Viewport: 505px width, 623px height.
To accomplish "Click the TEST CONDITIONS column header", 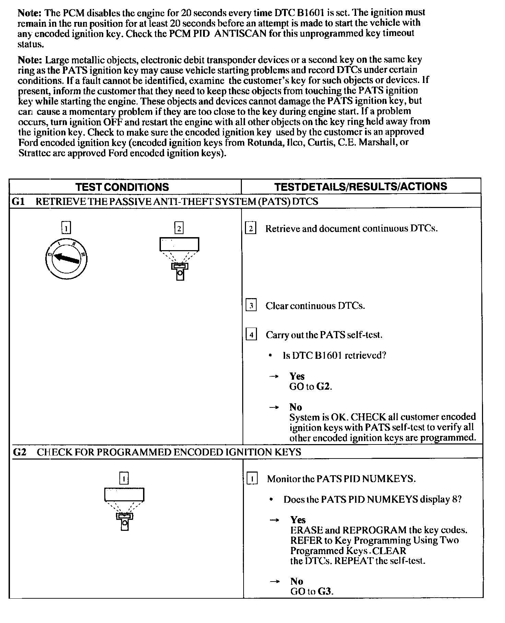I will [122, 187].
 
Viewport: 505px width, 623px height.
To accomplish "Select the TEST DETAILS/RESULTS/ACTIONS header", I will [361, 186].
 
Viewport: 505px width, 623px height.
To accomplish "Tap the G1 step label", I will [17, 201].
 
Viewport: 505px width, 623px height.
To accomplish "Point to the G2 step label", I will [19, 452].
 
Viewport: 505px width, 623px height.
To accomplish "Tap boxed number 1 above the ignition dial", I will [66, 228].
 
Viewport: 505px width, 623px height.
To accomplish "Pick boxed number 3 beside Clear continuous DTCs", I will [251, 305].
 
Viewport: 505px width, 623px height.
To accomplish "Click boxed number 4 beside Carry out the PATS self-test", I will [251, 334].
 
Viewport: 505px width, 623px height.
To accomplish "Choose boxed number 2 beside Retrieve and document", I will [251, 228].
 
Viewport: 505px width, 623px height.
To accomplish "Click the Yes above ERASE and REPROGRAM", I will [298, 520].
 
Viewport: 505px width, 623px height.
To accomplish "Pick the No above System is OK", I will [296, 407].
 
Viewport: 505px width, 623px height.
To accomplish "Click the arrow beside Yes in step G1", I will [273, 377].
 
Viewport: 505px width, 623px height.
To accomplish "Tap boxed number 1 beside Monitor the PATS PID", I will [252, 478].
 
